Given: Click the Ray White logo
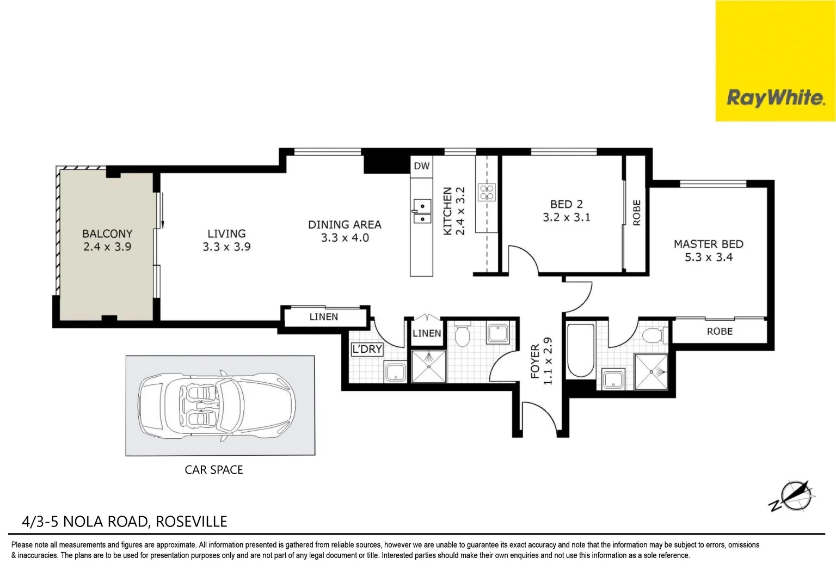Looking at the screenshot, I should click(x=775, y=98).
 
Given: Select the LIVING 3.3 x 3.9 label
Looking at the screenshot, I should click(x=226, y=240).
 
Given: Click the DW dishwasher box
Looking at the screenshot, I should click(x=421, y=166).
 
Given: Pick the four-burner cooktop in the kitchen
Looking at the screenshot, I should click(x=487, y=192).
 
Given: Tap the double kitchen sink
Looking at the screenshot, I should click(x=421, y=212).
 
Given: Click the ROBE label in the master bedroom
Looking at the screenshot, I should click(x=720, y=332).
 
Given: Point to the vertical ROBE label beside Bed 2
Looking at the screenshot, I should click(x=637, y=213).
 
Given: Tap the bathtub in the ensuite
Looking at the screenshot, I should click(x=581, y=351).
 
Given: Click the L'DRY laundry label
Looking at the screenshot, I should click(x=367, y=350).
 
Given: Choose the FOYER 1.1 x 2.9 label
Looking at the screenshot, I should click(x=541, y=361).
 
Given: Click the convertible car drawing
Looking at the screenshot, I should click(x=217, y=405).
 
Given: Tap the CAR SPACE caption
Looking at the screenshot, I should click(x=214, y=470).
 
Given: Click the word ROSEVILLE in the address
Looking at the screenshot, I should click(x=191, y=522).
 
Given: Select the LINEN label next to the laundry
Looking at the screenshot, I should click(x=427, y=333).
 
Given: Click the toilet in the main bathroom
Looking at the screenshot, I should click(x=463, y=336).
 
